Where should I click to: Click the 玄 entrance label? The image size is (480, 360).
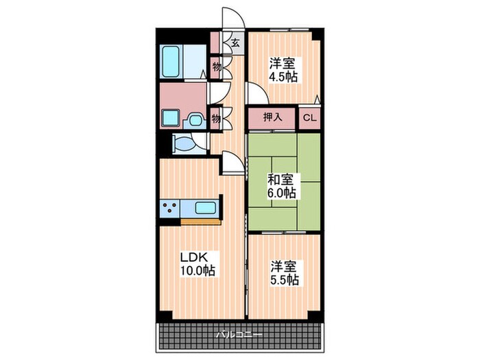click(x=235, y=43)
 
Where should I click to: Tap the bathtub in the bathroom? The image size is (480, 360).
click(x=171, y=62)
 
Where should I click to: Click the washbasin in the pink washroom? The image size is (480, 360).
click(x=195, y=120)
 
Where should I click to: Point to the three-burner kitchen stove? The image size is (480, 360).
click(x=170, y=208)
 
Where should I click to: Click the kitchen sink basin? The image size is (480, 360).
click(x=205, y=208)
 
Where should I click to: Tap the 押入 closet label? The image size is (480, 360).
click(x=272, y=117)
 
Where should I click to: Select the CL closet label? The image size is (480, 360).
click(x=309, y=118)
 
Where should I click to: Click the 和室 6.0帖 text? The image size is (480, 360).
click(x=282, y=186)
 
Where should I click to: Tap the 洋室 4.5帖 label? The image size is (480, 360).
click(x=283, y=70)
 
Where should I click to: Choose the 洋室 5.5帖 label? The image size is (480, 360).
click(x=285, y=272)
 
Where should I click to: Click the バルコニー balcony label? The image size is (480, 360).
click(x=239, y=335)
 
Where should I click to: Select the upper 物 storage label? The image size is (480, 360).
click(x=217, y=67)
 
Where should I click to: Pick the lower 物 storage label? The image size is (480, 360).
click(x=217, y=118)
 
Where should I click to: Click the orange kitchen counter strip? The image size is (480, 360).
click(x=201, y=222)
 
